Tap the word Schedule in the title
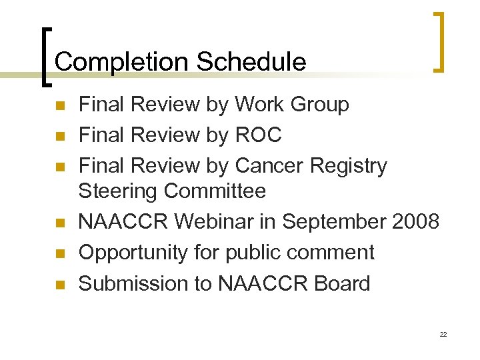(x=251, y=62)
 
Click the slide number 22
(x=443, y=334)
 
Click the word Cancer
(x=269, y=165)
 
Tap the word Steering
(x=118, y=191)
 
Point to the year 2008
(x=415, y=221)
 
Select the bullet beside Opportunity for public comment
(x=59, y=254)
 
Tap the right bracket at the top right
(x=438, y=41)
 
